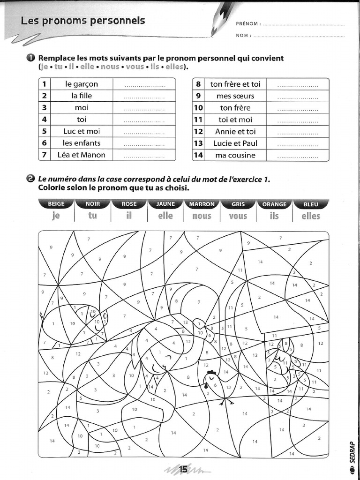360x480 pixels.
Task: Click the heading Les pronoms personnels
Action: tap(82, 21)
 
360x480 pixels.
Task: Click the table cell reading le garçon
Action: tap(82, 84)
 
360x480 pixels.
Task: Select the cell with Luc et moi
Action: tap(82, 131)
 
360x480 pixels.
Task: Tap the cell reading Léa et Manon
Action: tap(82, 155)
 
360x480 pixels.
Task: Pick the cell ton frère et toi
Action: tap(235, 84)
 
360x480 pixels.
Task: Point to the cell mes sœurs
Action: tap(235, 96)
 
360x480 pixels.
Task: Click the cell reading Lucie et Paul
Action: tap(235, 143)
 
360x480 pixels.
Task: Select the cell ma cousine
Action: tap(235, 155)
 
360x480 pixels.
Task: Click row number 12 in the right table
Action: tap(198, 132)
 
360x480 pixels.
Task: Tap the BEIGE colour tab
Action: tap(56, 204)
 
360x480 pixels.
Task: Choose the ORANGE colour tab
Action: tap(274, 204)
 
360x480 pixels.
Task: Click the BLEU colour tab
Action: tap(310, 204)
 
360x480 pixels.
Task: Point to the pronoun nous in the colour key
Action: tap(202, 216)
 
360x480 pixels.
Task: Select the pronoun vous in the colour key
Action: tap(238, 216)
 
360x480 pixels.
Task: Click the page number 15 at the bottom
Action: tap(183, 469)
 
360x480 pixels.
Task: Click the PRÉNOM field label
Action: tap(247, 23)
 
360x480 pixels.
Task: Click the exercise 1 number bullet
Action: tap(31, 58)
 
